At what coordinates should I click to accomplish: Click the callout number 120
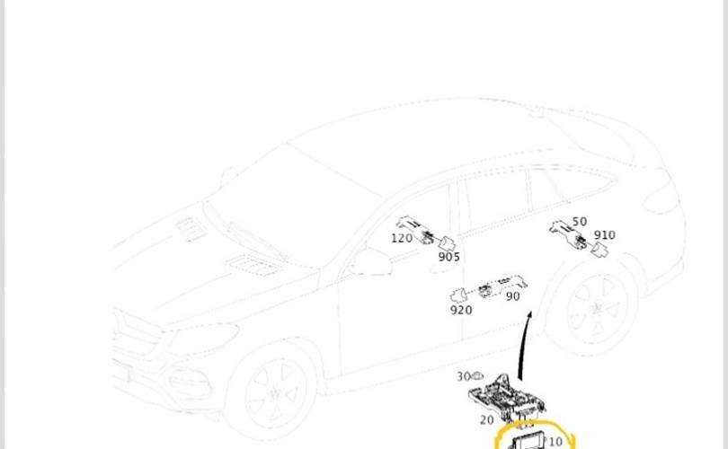(402, 238)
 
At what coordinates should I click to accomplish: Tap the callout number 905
(449, 257)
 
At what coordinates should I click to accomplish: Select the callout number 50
(580, 222)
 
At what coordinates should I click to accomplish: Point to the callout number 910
(605, 235)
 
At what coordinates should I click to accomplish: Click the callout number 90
(512, 296)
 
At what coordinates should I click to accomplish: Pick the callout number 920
(461, 310)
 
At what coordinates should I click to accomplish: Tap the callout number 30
(464, 376)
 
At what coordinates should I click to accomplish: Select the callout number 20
(486, 419)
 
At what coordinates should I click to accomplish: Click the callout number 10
(555, 442)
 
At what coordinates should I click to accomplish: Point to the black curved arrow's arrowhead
(529, 316)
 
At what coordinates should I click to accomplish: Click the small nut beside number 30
(477, 375)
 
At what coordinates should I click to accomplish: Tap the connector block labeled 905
(447, 243)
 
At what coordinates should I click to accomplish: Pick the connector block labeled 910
(599, 250)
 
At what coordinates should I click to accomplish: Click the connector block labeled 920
(458, 295)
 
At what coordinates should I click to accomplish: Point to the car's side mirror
(369, 262)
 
